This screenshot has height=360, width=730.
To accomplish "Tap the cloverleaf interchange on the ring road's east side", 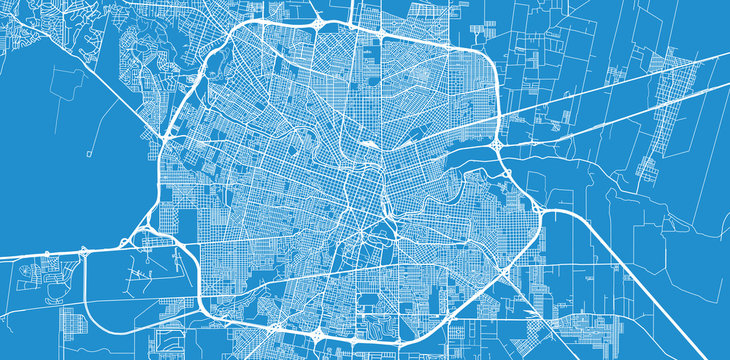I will click(497, 146).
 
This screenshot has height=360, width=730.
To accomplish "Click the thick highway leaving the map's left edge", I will click(30, 257).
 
